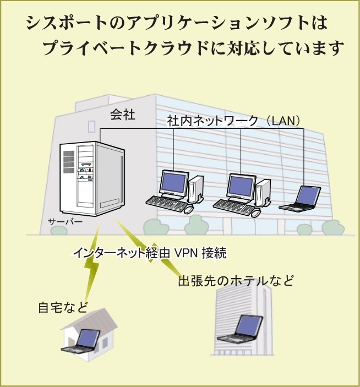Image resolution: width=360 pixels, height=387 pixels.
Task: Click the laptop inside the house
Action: pyautogui.click(x=83, y=341)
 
